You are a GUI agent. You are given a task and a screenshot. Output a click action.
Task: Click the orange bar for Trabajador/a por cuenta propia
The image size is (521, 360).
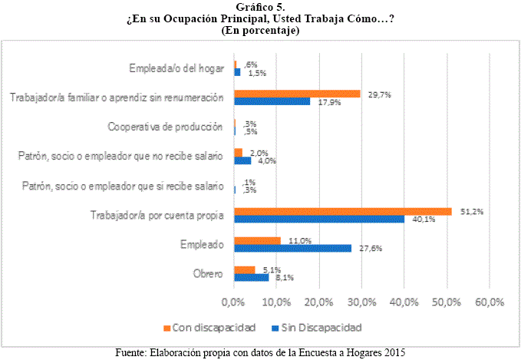click(342, 211)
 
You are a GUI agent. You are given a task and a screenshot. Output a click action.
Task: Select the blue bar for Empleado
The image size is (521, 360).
click(292, 248)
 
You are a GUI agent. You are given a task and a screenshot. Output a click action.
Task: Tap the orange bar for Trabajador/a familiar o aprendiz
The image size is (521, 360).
click(297, 94)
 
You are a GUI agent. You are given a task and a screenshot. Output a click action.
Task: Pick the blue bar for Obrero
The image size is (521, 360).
click(251, 277)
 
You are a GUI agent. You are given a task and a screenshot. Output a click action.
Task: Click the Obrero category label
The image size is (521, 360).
click(207, 273)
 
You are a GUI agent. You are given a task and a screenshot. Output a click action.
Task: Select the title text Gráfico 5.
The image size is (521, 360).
click(260, 7)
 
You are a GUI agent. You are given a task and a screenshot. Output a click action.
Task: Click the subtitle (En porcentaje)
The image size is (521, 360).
click(260, 31)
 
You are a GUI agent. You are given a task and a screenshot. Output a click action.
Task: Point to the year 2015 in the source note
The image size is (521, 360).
click(392, 352)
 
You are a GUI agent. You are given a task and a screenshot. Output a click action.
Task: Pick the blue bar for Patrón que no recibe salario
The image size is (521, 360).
click(242, 160)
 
